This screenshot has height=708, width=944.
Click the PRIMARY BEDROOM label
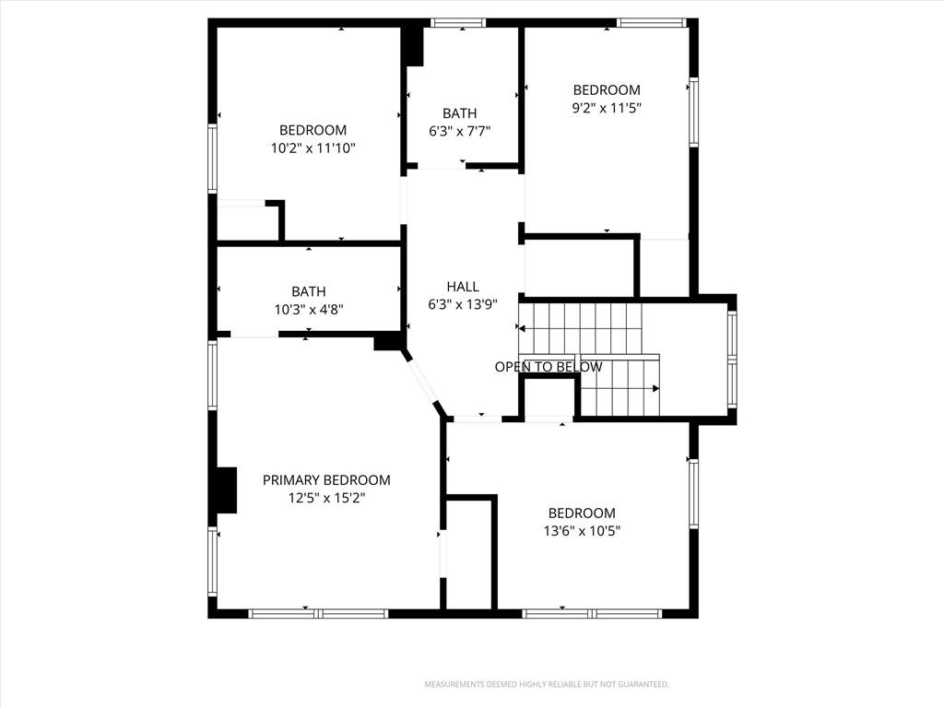[x=326, y=479]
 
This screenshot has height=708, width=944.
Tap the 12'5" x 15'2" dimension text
[x=327, y=498]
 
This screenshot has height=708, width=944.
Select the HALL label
[x=463, y=287]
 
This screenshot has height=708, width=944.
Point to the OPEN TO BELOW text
[x=549, y=367]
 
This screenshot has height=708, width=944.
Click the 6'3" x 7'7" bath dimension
[x=460, y=131]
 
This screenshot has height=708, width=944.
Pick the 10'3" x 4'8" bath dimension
[x=309, y=310]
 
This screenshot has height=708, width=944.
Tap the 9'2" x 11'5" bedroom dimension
[x=607, y=109]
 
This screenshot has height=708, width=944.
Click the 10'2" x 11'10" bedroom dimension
[x=313, y=148]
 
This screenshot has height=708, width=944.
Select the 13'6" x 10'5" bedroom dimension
[x=582, y=531]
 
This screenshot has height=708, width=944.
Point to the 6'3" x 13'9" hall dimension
[x=463, y=304]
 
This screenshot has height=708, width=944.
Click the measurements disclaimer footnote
[x=547, y=685]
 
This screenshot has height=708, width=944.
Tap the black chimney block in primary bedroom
[x=227, y=490]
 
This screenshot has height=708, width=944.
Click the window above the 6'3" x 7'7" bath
[x=459, y=23]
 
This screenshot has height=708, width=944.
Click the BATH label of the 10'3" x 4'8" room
[x=309, y=291]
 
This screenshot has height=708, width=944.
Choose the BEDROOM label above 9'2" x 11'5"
[x=607, y=90]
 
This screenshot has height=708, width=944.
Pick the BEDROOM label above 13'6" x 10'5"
[x=582, y=513]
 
